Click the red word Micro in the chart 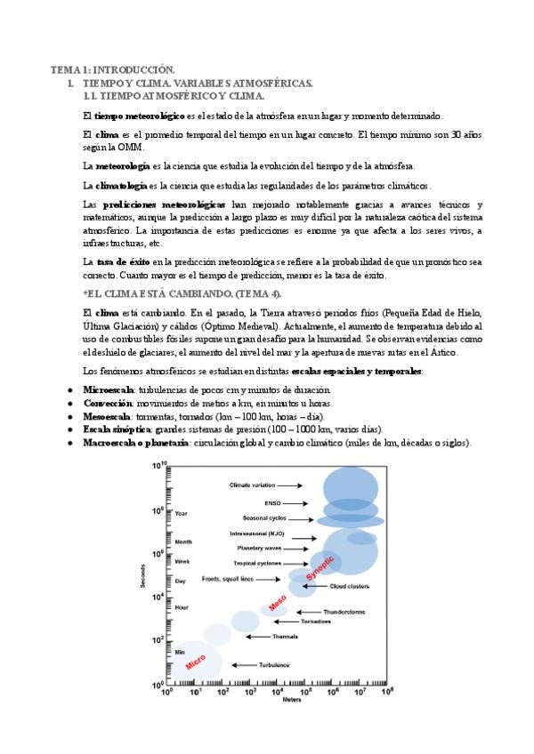pyautogui.click(x=196, y=662)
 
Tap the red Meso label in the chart pyautogui.click(x=278, y=602)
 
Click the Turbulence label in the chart pyautogui.click(x=274, y=665)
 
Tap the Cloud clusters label pyautogui.click(x=350, y=586)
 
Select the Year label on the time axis pyautogui.click(x=181, y=513)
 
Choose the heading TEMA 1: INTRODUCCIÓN pyautogui.click(x=112, y=68)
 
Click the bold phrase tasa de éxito pyautogui.click(x=122, y=261)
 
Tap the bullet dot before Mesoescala pyautogui.click(x=70, y=416)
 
